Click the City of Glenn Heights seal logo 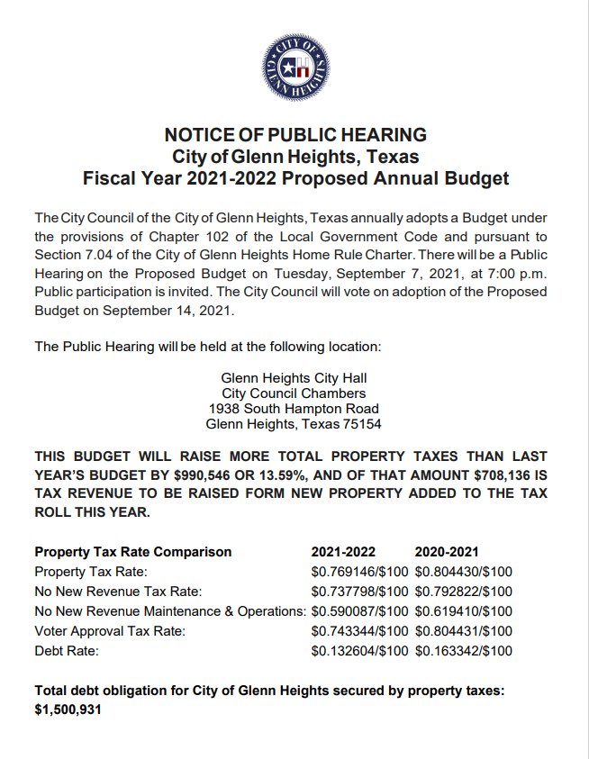coord(294,68)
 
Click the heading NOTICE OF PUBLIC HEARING coord(294,135)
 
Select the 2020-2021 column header coord(447,552)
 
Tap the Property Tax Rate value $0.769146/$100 coord(360,572)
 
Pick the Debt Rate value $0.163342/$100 coord(464,651)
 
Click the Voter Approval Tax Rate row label coord(110,631)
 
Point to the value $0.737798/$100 coord(360,592)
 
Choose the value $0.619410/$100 coord(464,611)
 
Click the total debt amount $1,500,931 coord(68,709)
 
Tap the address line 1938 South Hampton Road coord(294,409)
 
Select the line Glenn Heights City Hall coord(294,378)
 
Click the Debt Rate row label coord(66,651)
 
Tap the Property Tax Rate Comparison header coord(132,552)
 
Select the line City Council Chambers coord(294,393)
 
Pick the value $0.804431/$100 coord(464,631)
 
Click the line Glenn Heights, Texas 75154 coord(294,424)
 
